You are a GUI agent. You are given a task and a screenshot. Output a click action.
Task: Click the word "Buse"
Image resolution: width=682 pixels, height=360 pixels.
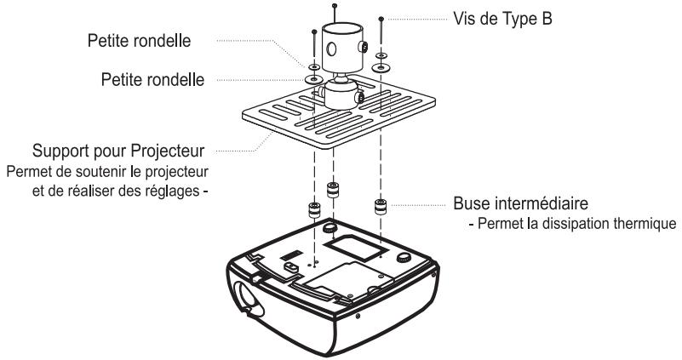(466, 207)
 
